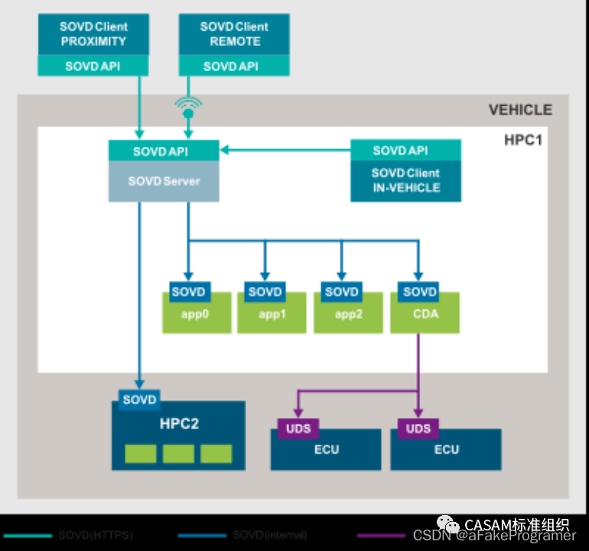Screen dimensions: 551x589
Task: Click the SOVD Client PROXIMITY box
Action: point(93,34)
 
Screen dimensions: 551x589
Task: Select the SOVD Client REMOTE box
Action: point(234,34)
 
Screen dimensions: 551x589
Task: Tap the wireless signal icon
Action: point(187,107)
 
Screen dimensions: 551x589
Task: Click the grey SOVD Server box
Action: point(164,181)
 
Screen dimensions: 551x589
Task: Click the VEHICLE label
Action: point(519,109)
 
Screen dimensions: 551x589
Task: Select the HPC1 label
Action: point(522,140)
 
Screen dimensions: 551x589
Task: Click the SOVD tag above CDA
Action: point(419,292)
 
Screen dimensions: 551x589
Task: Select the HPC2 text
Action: point(179,423)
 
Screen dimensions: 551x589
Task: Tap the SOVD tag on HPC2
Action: point(139,399)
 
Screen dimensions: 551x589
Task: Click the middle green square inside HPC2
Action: point(178,454)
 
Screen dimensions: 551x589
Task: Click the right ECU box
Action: point(446,452)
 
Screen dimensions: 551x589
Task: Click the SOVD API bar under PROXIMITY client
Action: point(93,67)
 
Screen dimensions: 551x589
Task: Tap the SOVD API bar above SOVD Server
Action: point(164,151)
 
